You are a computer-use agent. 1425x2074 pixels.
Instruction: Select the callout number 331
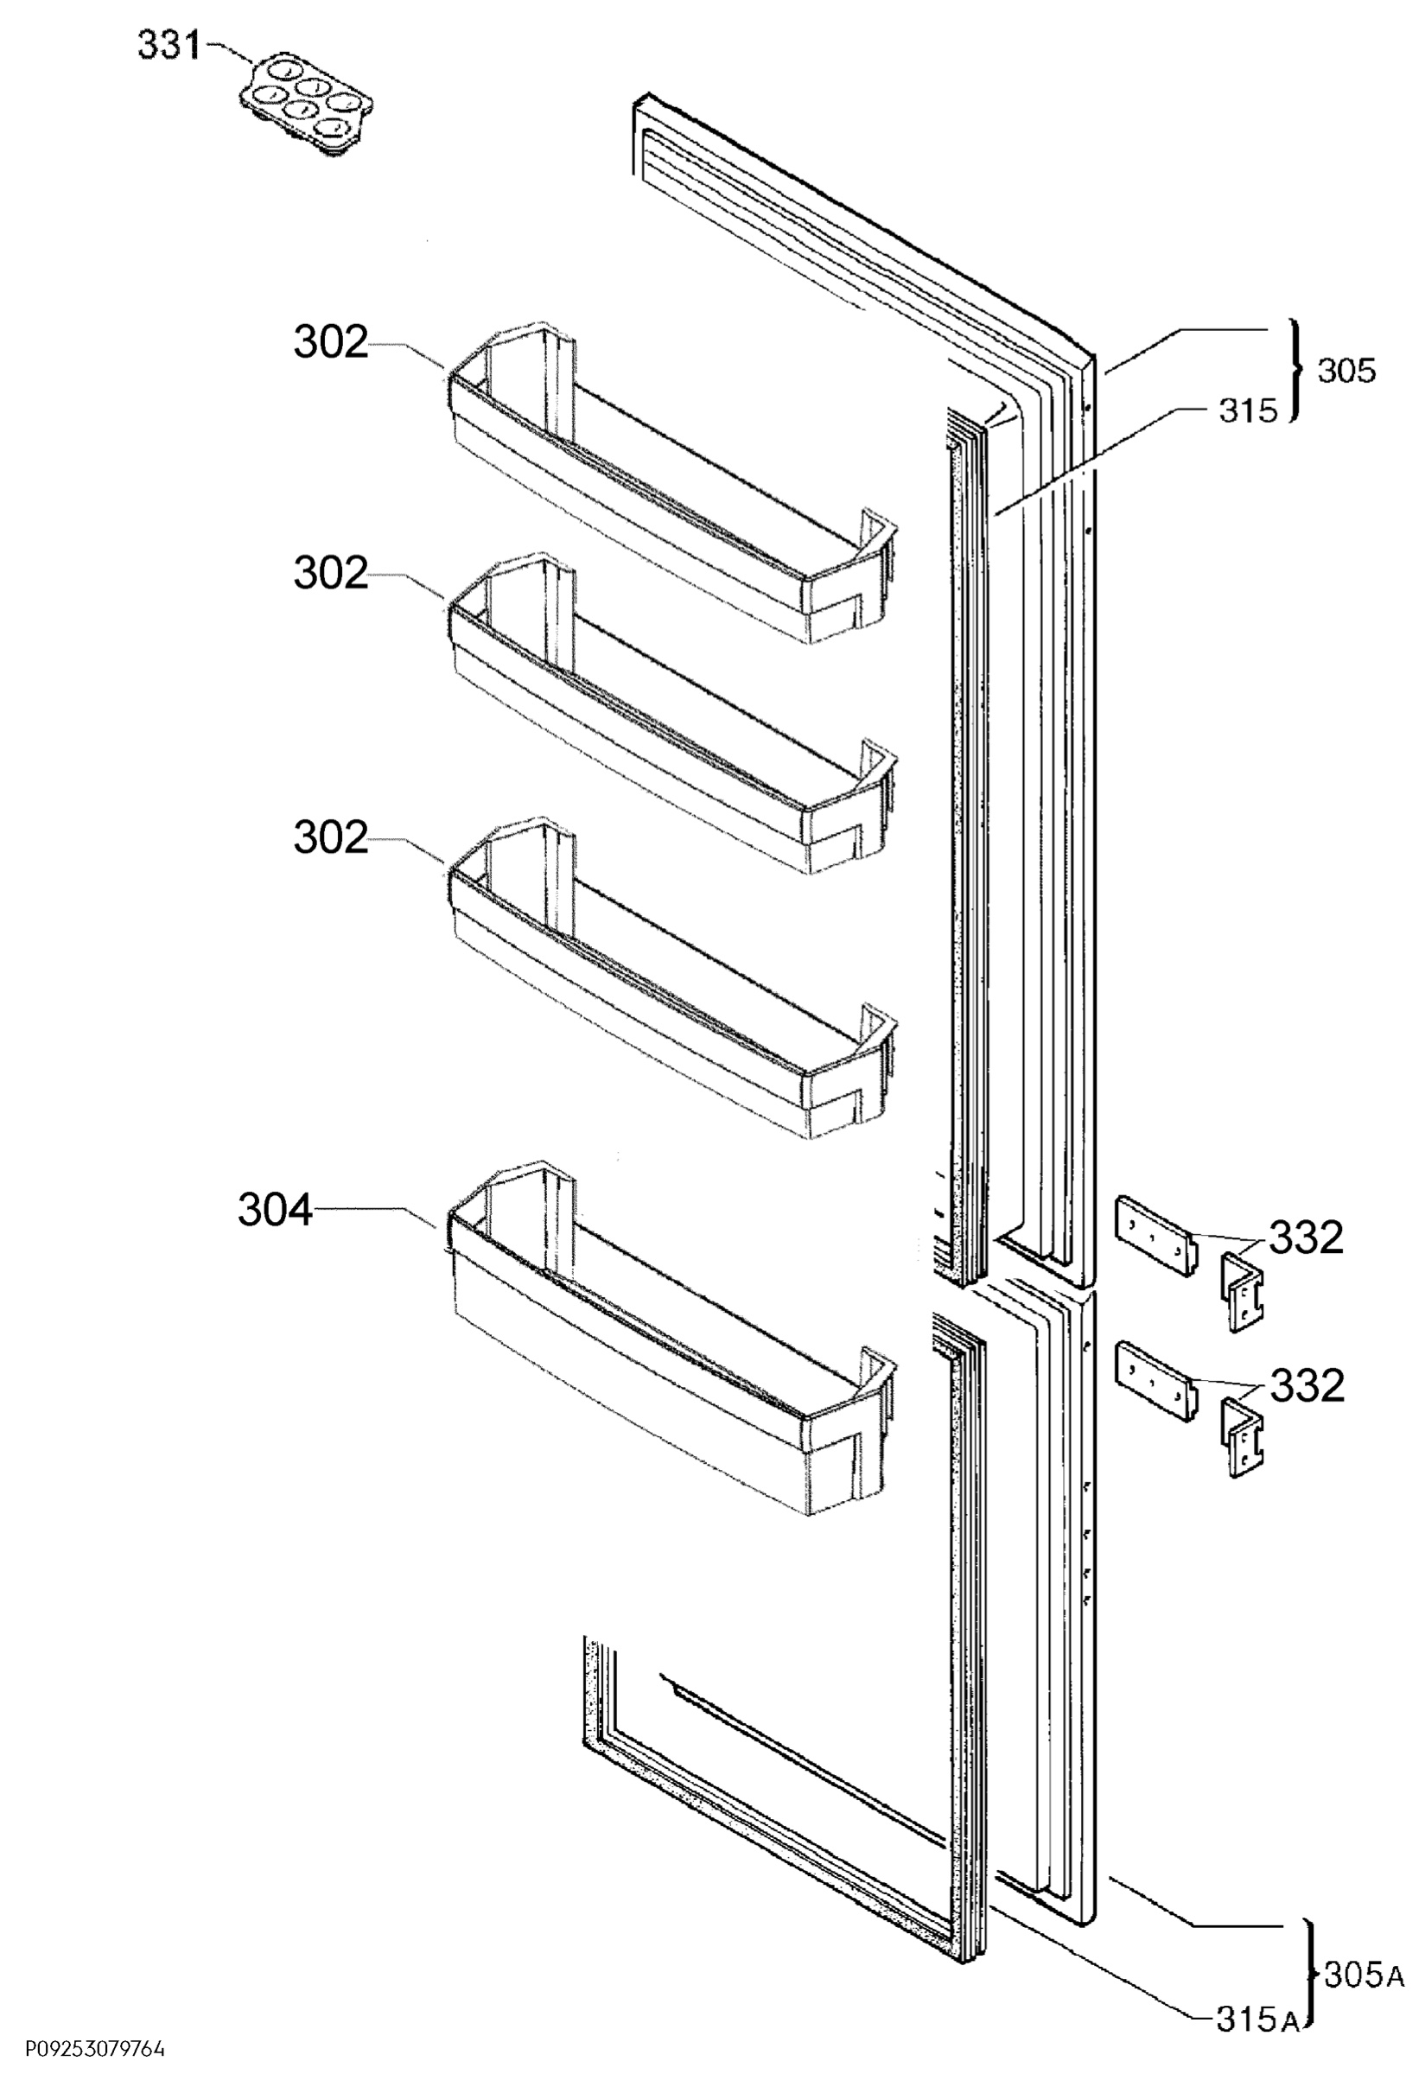(x=169, y=45)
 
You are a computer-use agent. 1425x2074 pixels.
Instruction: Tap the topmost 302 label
(x=331, y=342)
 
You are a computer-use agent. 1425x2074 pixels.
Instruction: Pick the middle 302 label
(x=331, y=573)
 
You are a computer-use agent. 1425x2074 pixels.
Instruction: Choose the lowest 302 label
(x=331, y=837)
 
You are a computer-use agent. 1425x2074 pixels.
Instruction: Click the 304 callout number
(x=275, y=1212)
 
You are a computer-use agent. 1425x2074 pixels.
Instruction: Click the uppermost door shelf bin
(x=670, y=487)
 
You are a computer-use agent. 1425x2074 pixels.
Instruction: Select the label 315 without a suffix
(x=1248, y=411)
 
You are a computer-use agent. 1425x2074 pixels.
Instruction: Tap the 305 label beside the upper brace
(x=1346, y=371)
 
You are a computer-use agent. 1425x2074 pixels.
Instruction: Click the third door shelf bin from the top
(x=670, y=977)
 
